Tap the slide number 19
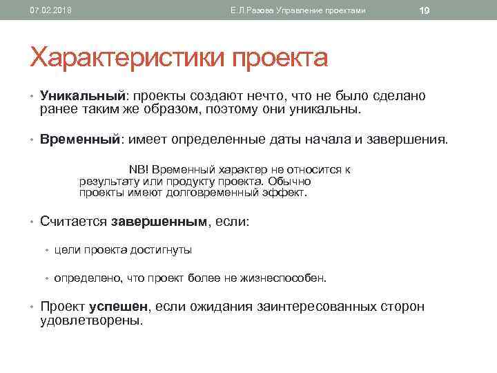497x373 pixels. [x=425, y=10]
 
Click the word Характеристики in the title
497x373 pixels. [x=127, y=57]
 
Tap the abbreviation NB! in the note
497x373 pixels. [x=139, y=169]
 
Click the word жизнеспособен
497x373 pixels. [x=284, y=278]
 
